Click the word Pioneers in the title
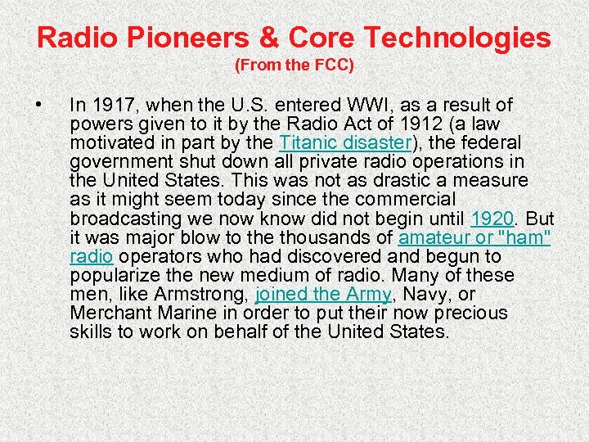(x=194, y=37)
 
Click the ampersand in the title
(x=277, y=37)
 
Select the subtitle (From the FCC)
(x=294, y=65)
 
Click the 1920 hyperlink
(x=493, y=218)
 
